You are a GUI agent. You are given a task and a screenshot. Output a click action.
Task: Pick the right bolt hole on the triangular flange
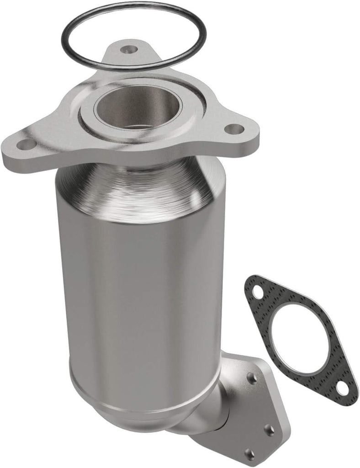(x=234, y=129)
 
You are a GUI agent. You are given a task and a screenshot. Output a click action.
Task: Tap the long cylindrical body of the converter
(x=137, y=292)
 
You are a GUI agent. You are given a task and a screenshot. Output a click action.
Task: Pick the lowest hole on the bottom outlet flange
(x=249, y=454)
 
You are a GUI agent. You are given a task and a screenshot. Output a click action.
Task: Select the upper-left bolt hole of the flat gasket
(x=258, y=291)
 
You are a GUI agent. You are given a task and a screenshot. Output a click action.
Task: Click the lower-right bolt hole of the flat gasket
(x=341, y=388)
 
